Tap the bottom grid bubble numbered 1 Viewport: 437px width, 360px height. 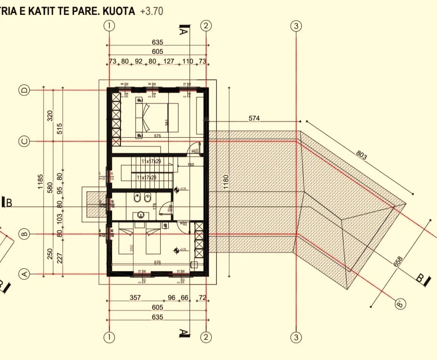[x=109, y=337]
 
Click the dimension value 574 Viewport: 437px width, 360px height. [x=254, y=118]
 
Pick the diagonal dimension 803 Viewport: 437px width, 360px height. [x=362, y=155]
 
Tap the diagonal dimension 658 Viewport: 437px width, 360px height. [x=398, y=262]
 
